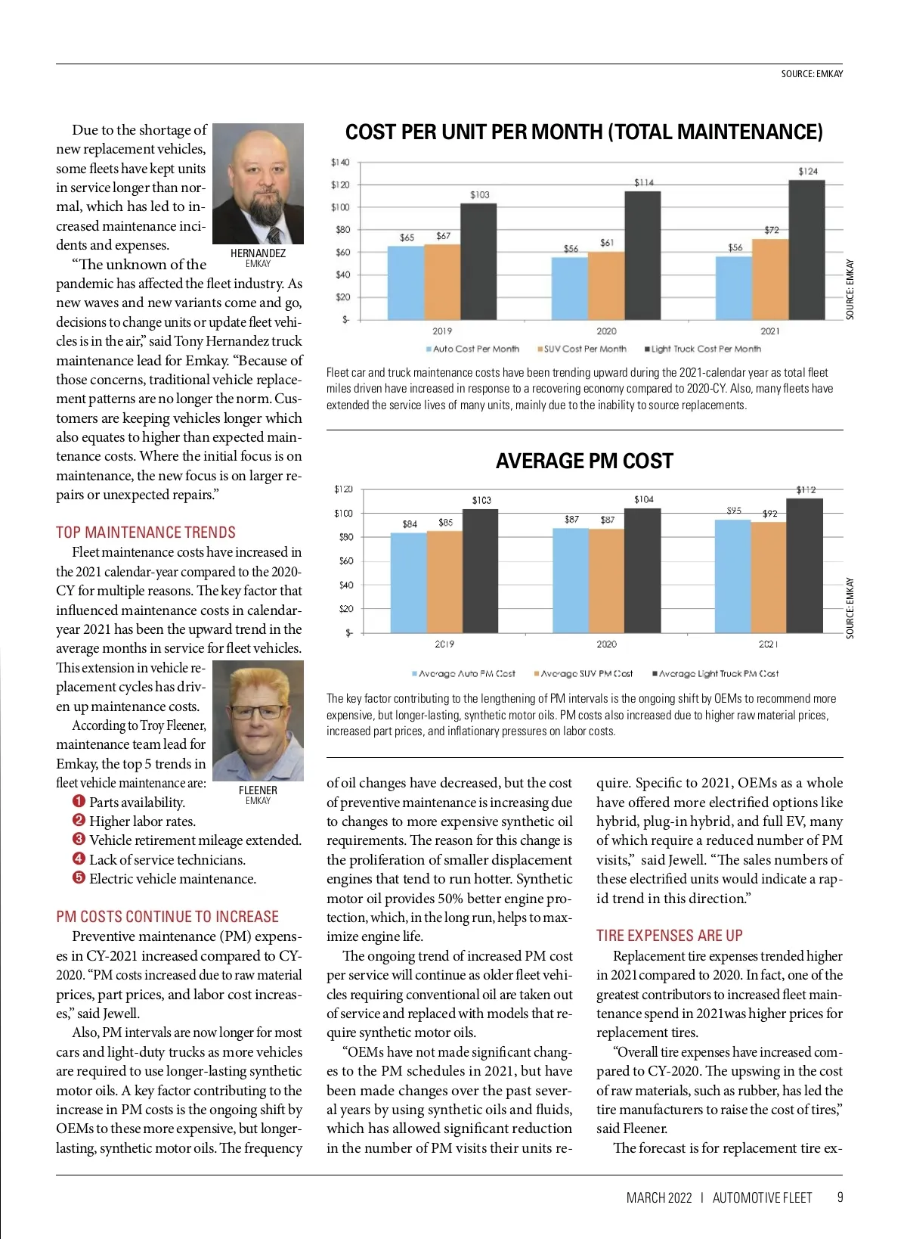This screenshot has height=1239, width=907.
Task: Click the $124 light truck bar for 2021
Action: click(x=806, y=250)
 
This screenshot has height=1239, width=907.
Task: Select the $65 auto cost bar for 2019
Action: click(x=406, y=283)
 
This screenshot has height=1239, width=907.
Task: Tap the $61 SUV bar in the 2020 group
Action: click(x=606, y=286)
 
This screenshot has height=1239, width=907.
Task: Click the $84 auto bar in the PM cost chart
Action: click(x=409, y=582)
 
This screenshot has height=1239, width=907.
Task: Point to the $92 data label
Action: click(x=769, y=514)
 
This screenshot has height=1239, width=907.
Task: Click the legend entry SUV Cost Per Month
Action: click(x=584, y=349)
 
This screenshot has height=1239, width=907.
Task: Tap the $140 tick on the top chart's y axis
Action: click(x=340, y=162)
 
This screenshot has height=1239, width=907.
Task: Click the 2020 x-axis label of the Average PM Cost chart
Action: click(x=606, y=644)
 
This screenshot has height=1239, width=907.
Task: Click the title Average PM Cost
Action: click(x=584, y=461)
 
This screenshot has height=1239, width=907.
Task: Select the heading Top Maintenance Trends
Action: click(x=146, y=533)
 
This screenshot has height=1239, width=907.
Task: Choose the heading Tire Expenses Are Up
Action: click(x=669, y=936)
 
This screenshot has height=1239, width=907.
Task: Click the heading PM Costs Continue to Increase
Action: click(x=167, y=917)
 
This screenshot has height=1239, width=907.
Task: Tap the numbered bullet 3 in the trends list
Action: click(x=79, y=840)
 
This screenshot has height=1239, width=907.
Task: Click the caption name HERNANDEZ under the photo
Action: click(x=258, y=253)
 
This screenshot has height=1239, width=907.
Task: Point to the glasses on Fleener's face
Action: click(x=258, y=712)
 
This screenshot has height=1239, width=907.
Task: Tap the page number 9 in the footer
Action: click(x=840, y=1197)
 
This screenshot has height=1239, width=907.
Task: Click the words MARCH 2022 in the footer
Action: click(x=659, y=1197)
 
